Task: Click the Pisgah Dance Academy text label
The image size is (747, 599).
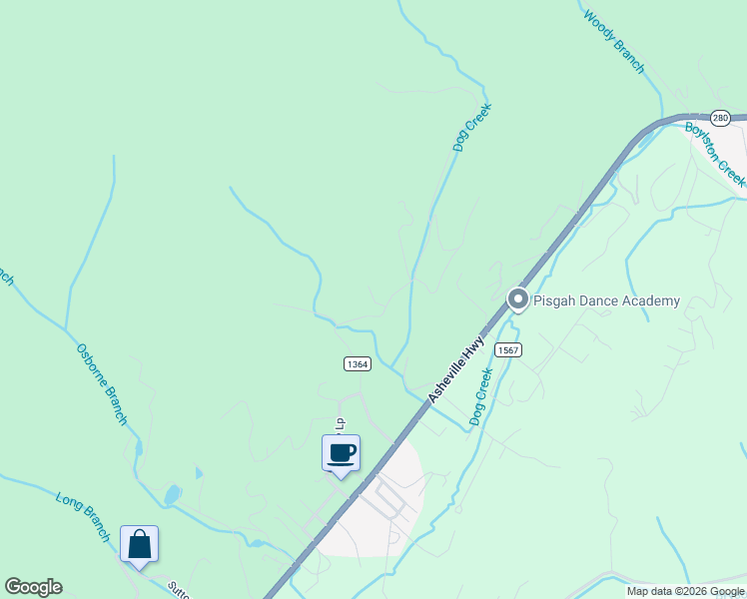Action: [607, 300]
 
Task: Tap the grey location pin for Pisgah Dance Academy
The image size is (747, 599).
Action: [517, 299]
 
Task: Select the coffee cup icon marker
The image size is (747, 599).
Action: [341, 453]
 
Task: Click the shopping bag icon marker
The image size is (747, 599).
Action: [140, 544]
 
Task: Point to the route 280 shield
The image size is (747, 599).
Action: [721, 118]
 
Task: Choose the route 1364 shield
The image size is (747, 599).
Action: [358, 364]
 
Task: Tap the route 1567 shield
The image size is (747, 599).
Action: [508, 349]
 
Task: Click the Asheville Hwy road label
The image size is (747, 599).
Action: [456, 369]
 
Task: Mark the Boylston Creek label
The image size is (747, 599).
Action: [715, 152]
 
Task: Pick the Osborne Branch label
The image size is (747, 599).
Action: [102, 384]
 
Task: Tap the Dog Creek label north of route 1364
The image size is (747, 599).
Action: [465, 129]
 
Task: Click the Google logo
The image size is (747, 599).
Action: [33, 587]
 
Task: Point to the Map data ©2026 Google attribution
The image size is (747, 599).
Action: [685, 591]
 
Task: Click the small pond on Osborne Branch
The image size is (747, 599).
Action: [173, 493]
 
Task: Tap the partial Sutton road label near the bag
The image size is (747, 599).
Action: [176, 588]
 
